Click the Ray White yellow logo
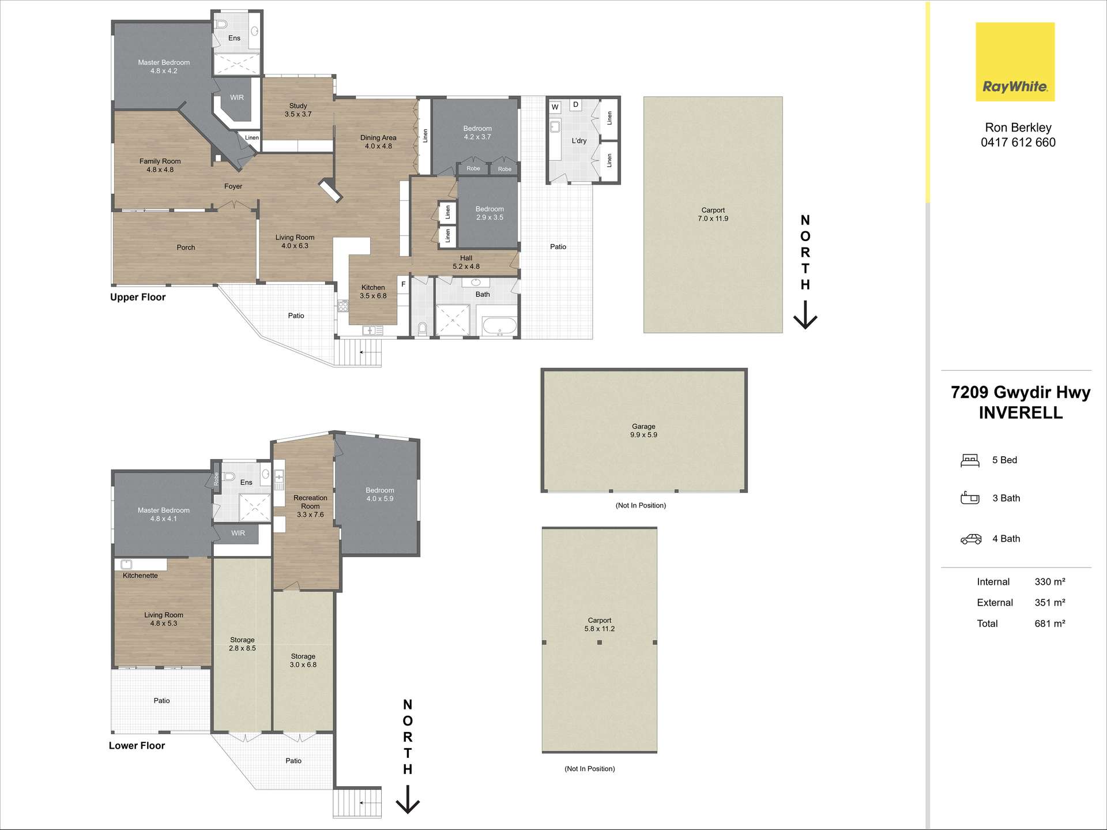1015,62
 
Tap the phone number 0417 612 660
1018,142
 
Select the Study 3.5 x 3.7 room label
298,110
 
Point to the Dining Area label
378,138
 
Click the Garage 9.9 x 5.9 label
643,431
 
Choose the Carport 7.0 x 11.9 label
713,215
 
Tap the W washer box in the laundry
555,107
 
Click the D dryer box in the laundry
575,104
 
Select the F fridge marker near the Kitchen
403,284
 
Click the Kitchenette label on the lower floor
140,576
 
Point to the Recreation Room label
310,502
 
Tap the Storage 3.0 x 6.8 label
303,660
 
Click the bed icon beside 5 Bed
970,460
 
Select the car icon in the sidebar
971,539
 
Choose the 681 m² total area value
1050,624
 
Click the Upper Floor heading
138,297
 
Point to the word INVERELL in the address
1021,413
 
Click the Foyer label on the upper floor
233,186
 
